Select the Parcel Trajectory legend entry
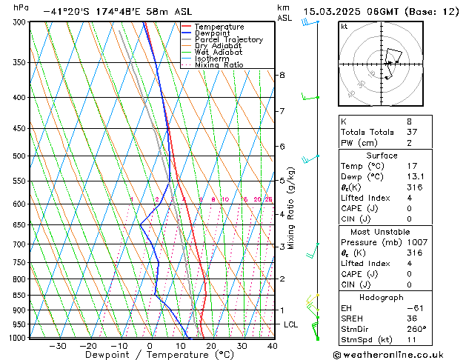(x=228, y=39)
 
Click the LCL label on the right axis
(x=291, y=324)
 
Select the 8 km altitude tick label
(x=282, y=75)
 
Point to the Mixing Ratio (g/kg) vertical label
(x=291, y=208)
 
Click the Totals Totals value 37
(x=411, y=132)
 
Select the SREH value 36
(x=411, y=319)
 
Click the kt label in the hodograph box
(x=344, y=26)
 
